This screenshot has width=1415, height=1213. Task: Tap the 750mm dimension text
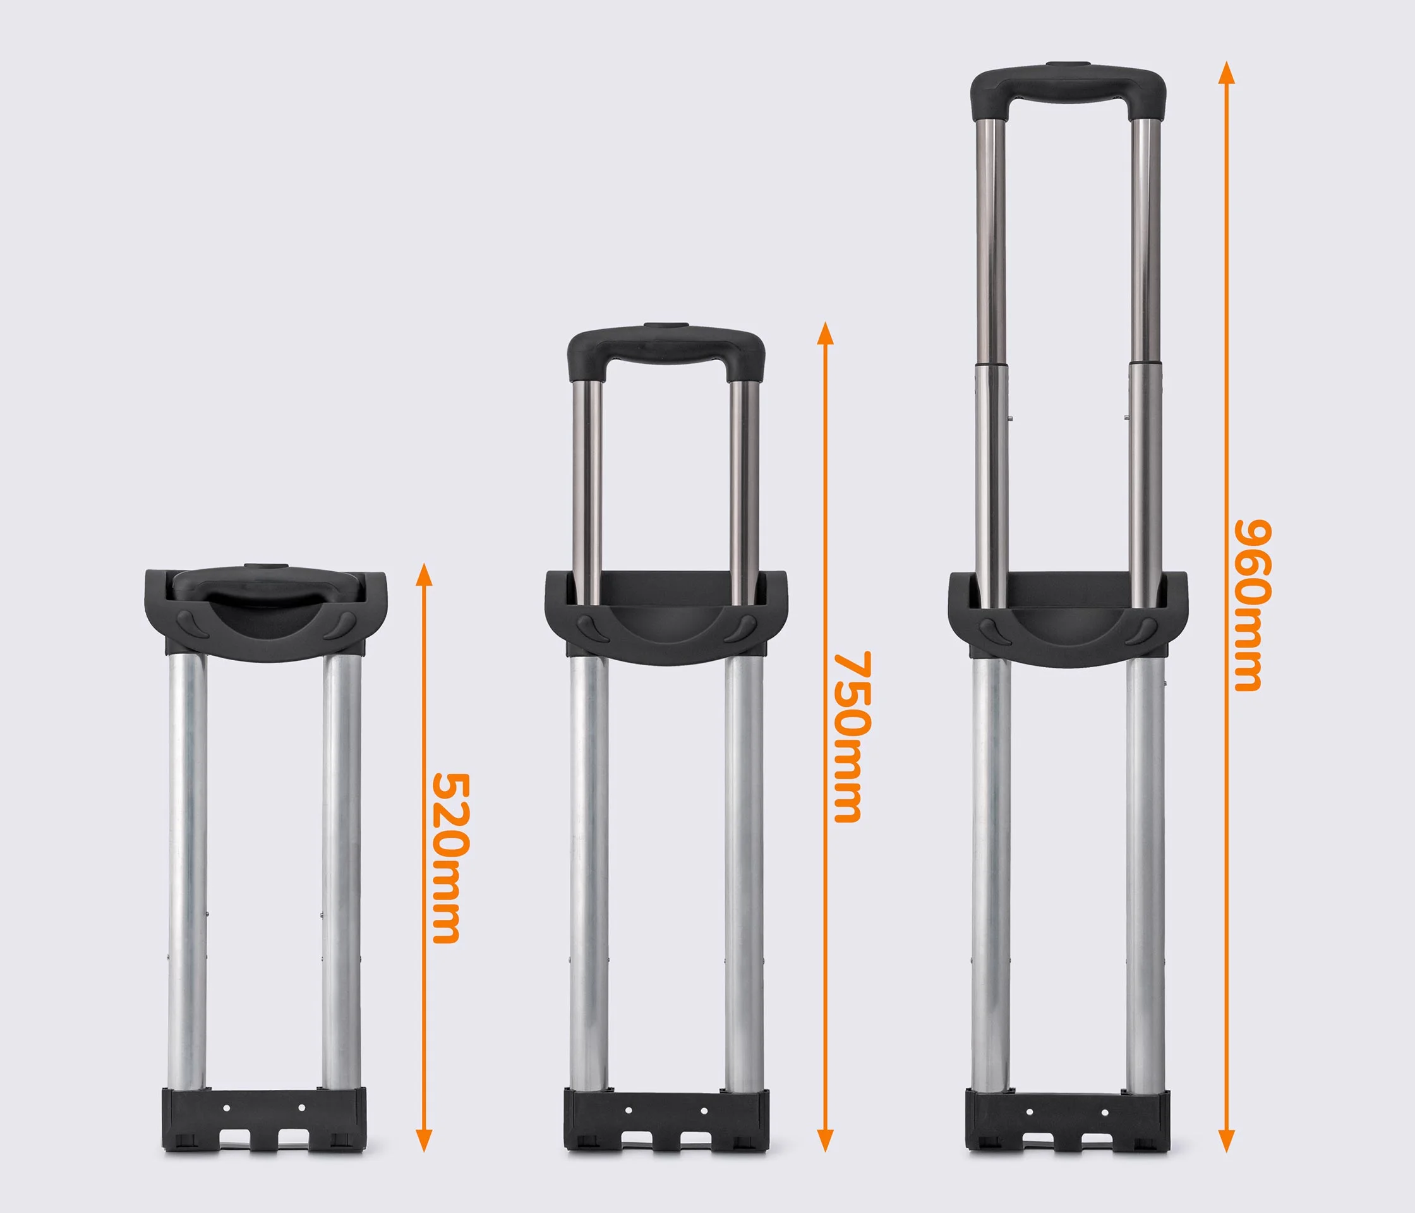[853, 736]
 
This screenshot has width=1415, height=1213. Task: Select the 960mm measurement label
[1253, 606]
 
